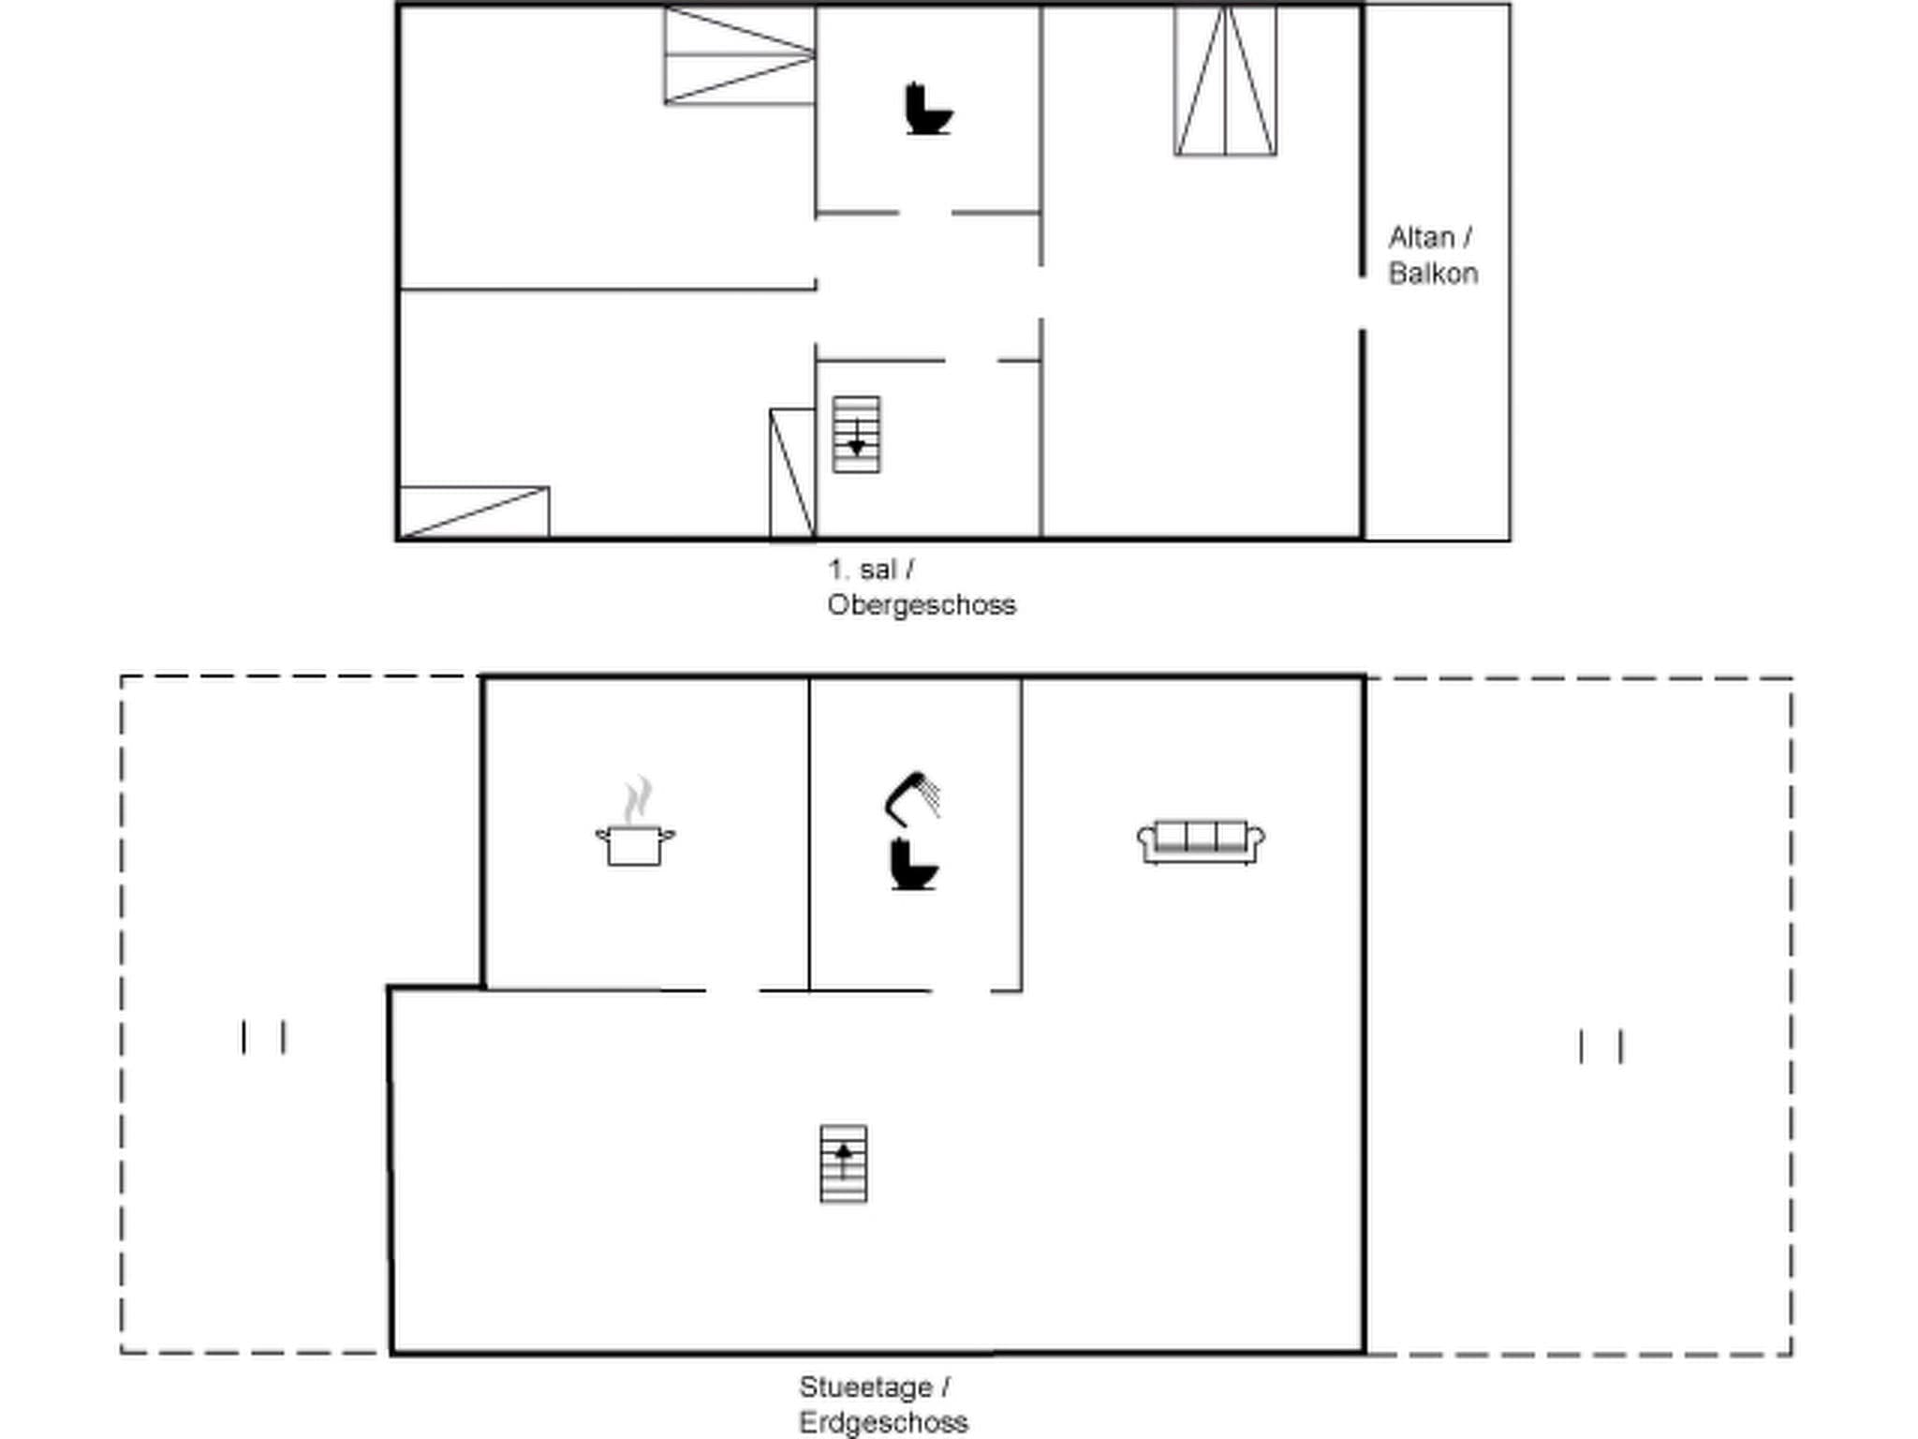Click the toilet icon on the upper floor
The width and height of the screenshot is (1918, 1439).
coord(927,110)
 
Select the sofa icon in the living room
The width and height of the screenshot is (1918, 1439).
coord(1201,840)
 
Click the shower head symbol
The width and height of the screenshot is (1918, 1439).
coord(913,798)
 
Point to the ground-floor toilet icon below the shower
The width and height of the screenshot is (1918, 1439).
coord(913,865)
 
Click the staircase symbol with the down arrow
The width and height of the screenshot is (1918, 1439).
coord(856,435)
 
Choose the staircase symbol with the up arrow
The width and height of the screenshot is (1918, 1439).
coord(843,1164)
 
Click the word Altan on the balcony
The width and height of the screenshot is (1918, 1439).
coord(1422,238)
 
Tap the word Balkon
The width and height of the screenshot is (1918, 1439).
coord(1433,274)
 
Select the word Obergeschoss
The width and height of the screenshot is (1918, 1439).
coord(922,605)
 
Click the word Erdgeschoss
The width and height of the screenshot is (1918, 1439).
coord(883,1422)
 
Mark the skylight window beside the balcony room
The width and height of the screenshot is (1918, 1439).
coord(1225,81)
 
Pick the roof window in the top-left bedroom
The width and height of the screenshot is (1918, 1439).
coord(739,56)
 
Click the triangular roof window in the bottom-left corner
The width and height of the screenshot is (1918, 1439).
coord(474,512)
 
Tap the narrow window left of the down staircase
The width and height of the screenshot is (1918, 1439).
coord(792,474)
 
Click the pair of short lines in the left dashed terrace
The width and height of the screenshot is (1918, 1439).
coord(263,1037)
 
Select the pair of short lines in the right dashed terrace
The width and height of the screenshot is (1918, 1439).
coord(1601,1046)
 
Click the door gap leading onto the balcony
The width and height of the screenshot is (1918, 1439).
coord(1363,303)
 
